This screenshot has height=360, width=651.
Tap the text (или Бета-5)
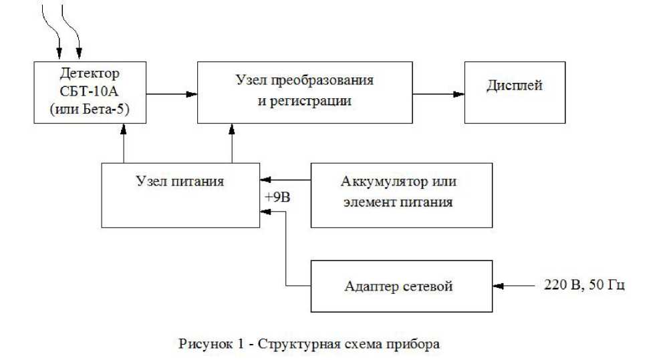click(90, 110)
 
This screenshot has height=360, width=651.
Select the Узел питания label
click(181, 180)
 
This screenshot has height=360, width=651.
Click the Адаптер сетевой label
click(399, 287)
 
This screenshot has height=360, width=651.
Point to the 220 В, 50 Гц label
click(583, 286)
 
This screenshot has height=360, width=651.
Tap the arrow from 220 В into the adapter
click(518, 286)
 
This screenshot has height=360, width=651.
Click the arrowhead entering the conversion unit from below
click(231, 129)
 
